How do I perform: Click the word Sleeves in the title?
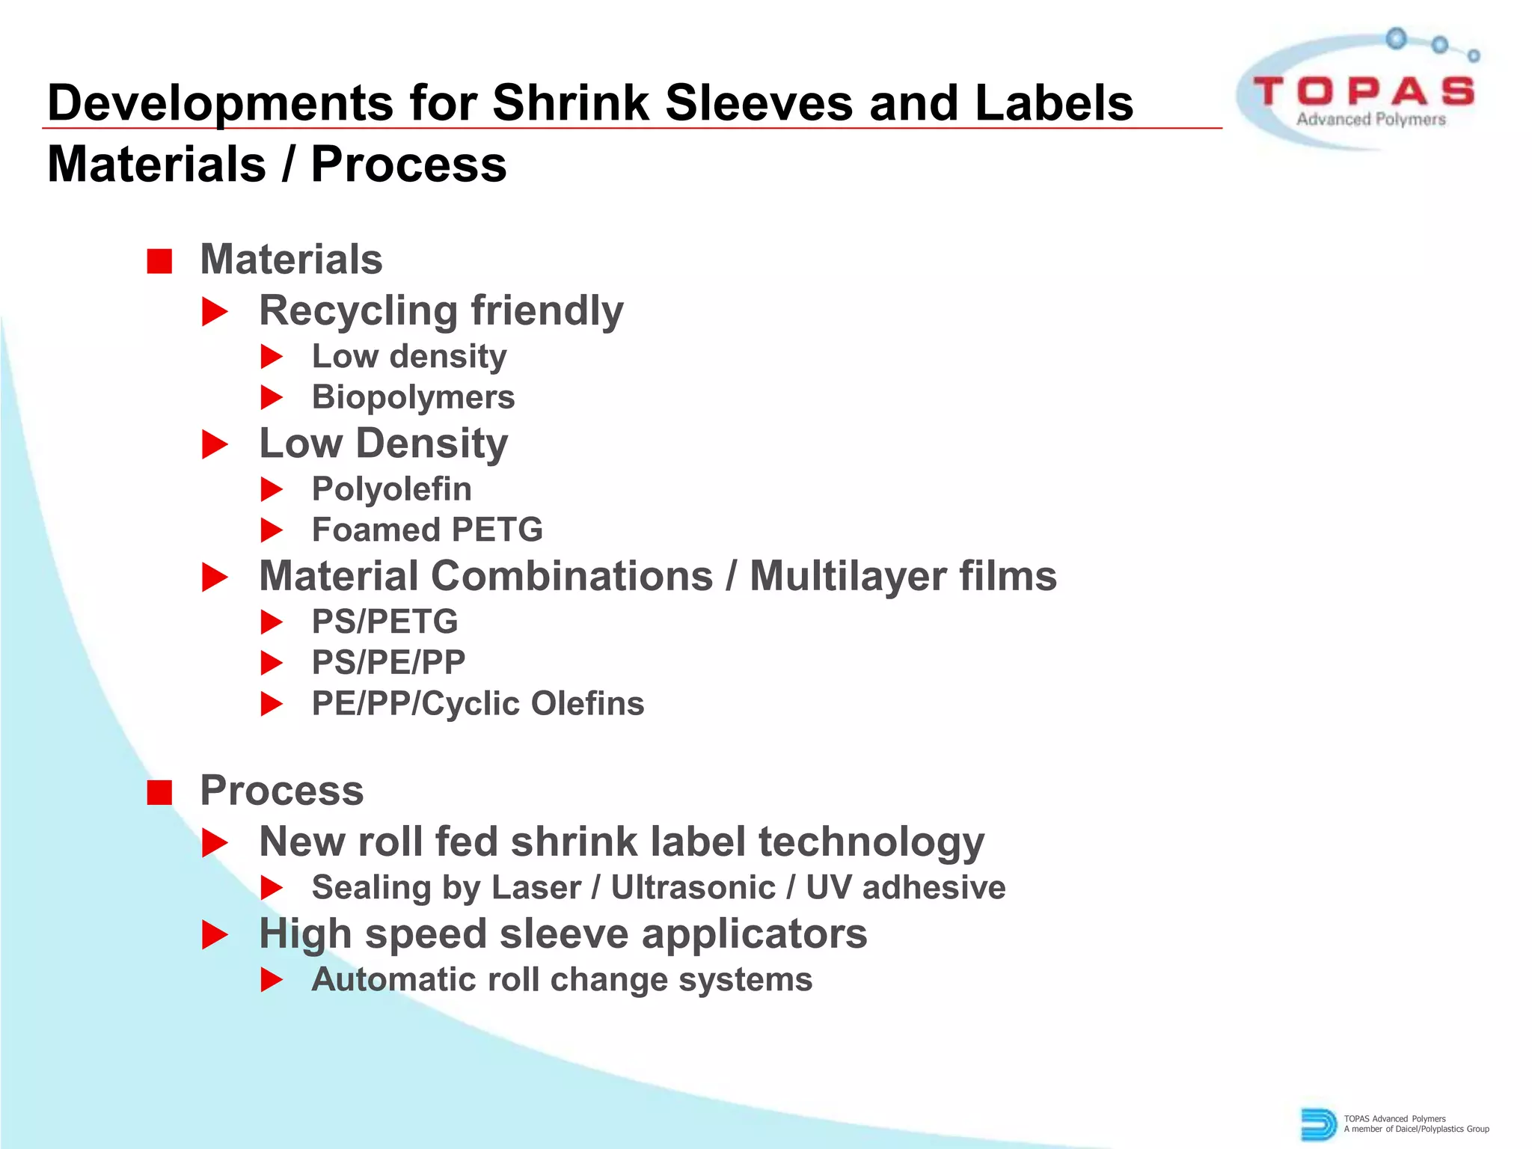[x=759, y=102]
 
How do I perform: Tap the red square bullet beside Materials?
[x=159, y=261]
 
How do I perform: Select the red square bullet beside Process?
[x=159, y=792]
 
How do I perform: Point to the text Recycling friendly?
[x=441, y=310]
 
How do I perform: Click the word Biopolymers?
[x=413, y=397]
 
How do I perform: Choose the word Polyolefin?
[x=391, y=489]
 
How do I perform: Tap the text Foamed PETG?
[x=427, y=530]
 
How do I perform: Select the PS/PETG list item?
[x=384, y=622]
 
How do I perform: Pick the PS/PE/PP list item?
[x=388, y=663]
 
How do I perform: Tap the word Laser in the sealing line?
[x=536, y=888]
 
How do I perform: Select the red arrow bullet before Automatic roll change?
[x=272, y=980]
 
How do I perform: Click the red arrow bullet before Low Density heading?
[x=215, y=445]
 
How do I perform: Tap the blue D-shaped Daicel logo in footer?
[x=1318, y=1124]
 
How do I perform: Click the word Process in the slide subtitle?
[x=408, y=165]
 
